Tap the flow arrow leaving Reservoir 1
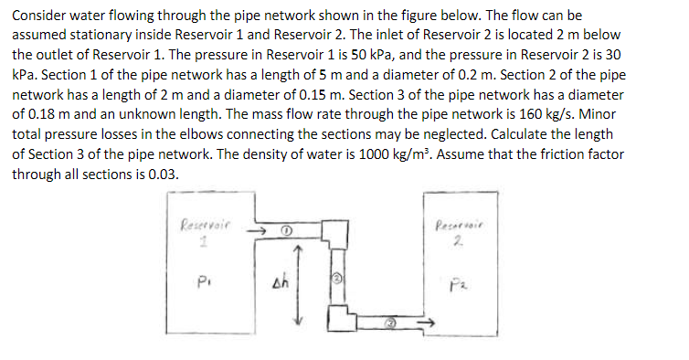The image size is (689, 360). (260, 232)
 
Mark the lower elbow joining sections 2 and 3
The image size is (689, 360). (337, 318)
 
